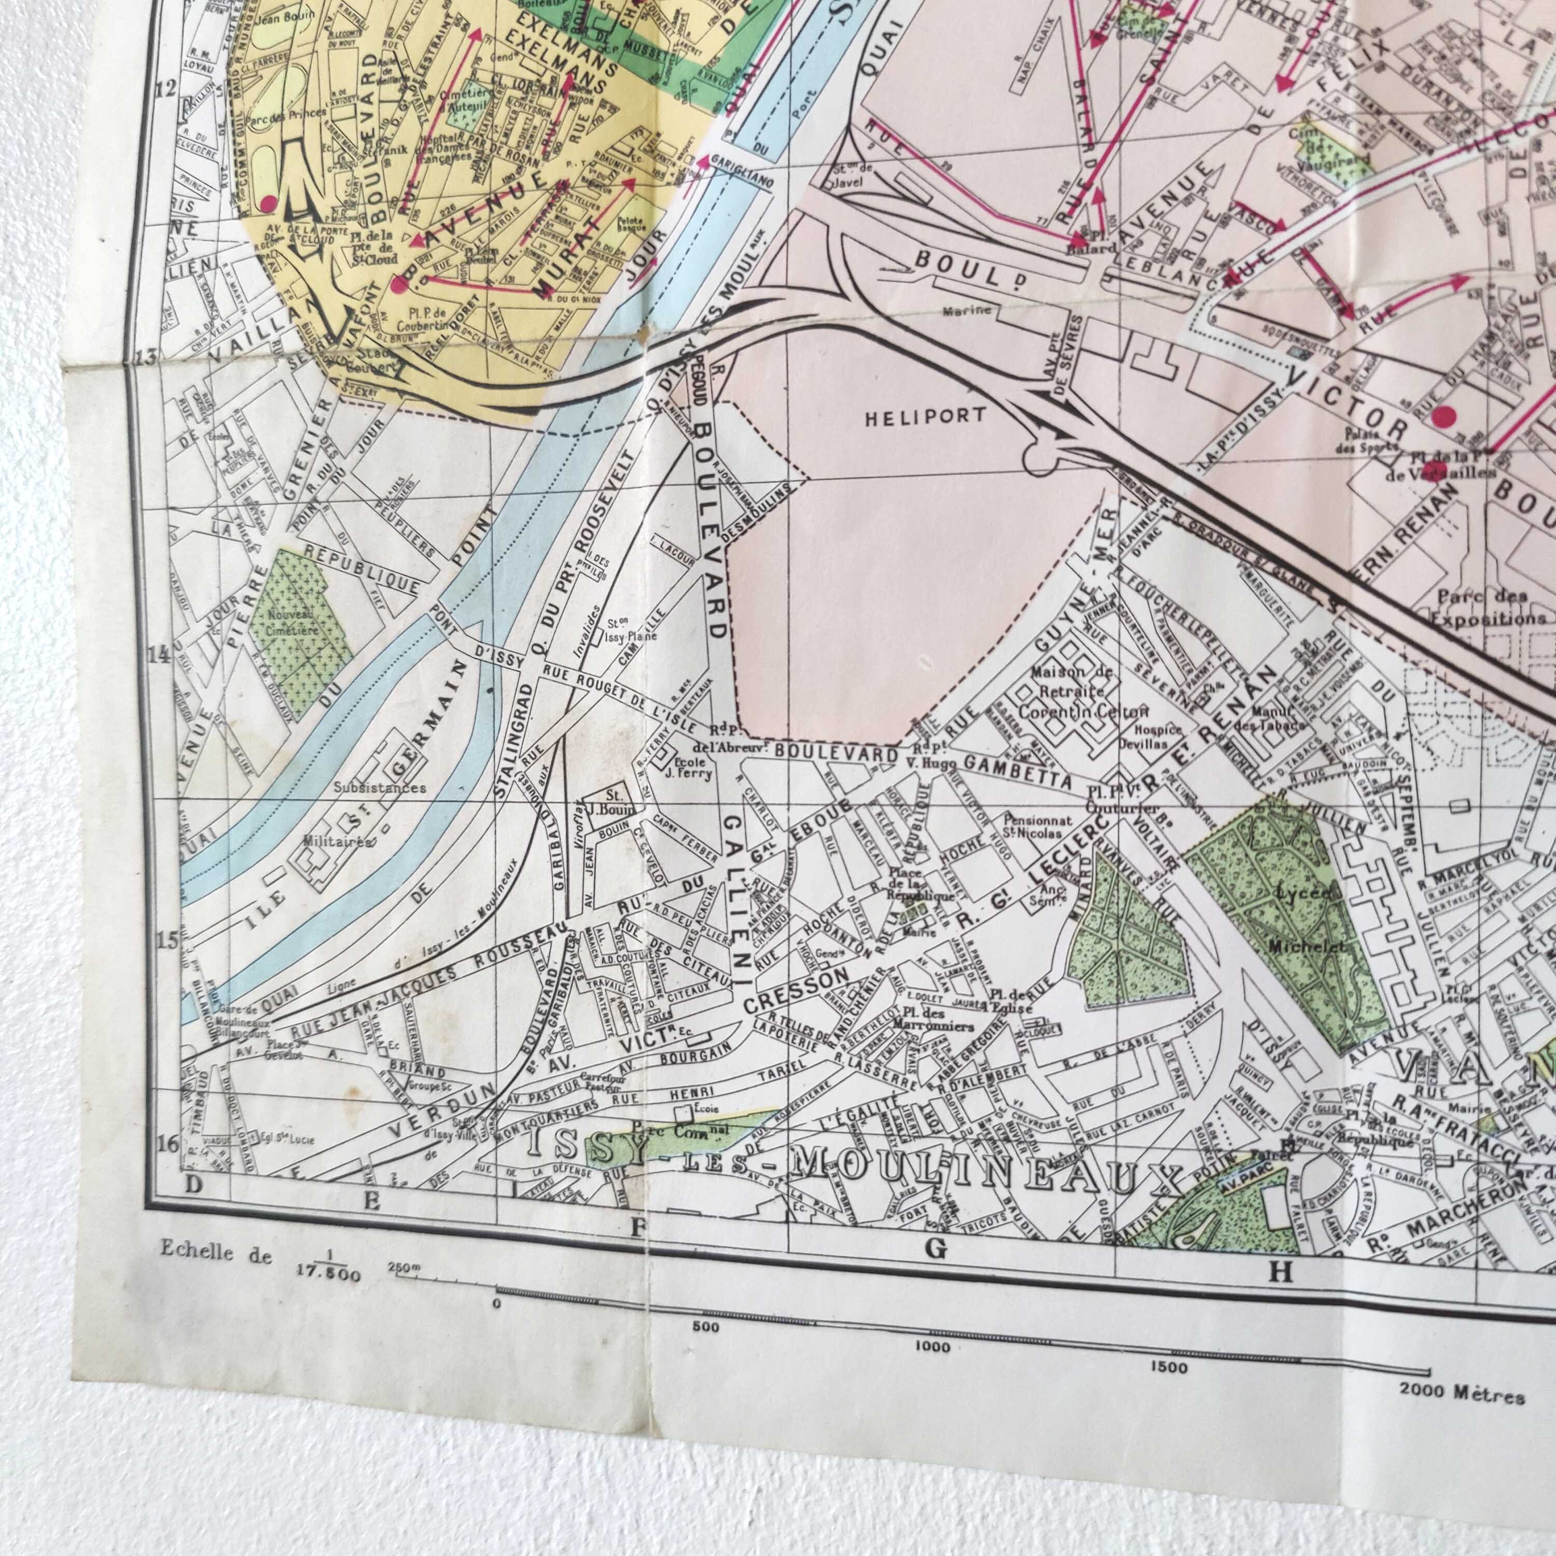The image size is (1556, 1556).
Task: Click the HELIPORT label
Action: pyautogui.click(x=925, y=416)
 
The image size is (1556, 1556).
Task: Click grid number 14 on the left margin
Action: pyautogui.click(x=159, y=654)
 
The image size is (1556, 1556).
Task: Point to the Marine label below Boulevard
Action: pyautogui.click(x=969, y=310)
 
